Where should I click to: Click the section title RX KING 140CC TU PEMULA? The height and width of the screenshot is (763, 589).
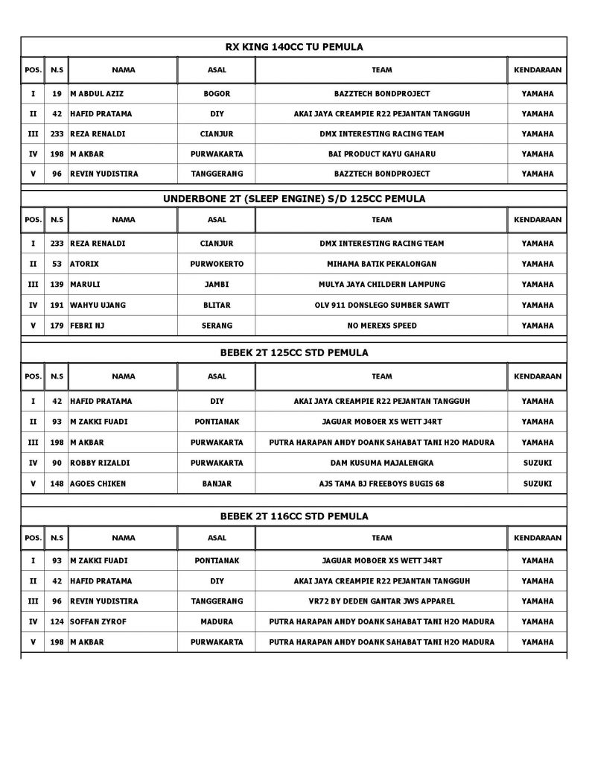coord(294,47)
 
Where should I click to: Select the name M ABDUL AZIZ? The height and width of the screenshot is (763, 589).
coord(96,95)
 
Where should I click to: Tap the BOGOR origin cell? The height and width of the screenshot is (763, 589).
coord(217,95)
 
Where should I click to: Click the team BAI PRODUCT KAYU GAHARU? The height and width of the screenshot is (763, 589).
coord(381,154)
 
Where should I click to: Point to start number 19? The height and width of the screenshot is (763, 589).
coord(57,95)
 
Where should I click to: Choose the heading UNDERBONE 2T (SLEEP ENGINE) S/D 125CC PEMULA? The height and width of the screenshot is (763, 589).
coord(294,199)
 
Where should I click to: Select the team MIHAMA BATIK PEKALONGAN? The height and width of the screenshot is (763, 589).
coord(381,264)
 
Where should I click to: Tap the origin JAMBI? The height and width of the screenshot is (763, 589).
coord(217,285)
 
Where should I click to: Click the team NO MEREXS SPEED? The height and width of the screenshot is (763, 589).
coord(381,326)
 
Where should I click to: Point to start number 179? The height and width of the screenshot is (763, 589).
coord(57,326)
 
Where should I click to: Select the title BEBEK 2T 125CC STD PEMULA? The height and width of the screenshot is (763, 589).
coord(294,352)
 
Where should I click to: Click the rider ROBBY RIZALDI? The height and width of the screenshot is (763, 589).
coord(98,463)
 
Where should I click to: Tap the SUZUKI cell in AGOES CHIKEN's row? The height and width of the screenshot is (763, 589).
coord(538,484)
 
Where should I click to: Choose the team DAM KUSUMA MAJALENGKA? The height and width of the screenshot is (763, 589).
coord(381,463)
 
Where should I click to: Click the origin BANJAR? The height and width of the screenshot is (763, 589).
coord(217,484)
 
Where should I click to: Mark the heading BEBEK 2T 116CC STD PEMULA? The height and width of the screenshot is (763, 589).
coord(294,516)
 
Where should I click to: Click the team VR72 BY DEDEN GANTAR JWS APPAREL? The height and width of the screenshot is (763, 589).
coord(381,601)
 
